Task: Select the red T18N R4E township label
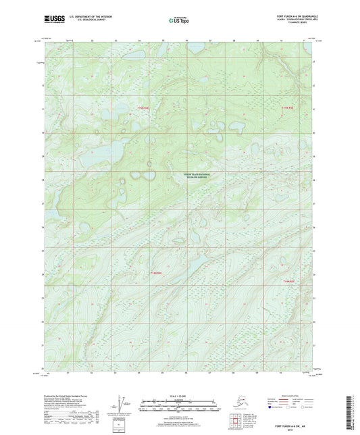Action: pyautogui.click(x=156, y=272)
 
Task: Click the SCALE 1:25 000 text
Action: pyautogui.click(x=179, y=396)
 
